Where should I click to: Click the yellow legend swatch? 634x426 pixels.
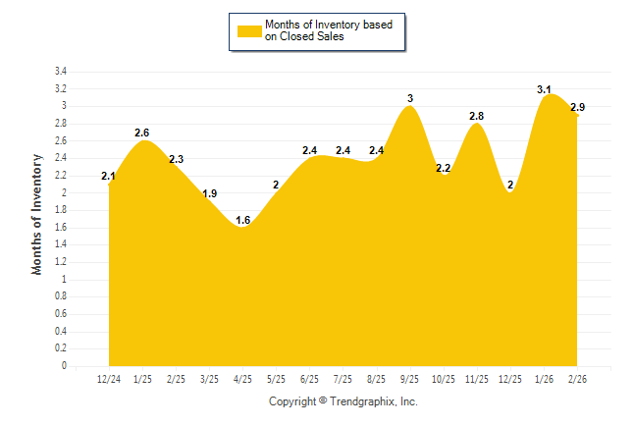click(x=249, y=30)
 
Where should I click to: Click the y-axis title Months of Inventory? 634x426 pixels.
click(x=37, y=214)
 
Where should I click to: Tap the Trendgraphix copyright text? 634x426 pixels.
click(x=343, y=401)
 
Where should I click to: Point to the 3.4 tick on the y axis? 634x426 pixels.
click(x=60, y=72)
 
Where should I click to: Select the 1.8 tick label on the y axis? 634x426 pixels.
click(x=60, y=210)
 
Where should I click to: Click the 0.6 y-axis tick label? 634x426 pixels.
click(x=60, y=314)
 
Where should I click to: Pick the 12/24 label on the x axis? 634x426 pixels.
click(x=109, y=378)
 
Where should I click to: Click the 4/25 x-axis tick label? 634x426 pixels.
click(x=243, y=378)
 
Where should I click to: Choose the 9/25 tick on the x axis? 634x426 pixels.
click(x=410, y=378)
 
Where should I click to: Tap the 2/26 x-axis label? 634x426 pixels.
click(x=577, y=378)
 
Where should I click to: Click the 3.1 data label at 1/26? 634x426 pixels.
click(x=544, y=89)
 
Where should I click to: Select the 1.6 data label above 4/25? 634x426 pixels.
click(x=243, y=220)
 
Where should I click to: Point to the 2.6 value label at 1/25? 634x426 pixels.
click(x=142, y=133)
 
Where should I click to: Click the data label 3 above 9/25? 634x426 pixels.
click(x=410, y=98)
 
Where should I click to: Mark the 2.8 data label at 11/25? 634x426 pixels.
click(x=477, y=116)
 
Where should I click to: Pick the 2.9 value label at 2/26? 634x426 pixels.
click(x=577, y=107)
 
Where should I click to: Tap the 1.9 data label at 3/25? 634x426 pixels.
click(x=210, y=193)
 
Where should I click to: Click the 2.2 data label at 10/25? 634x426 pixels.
click(x=444, y=168)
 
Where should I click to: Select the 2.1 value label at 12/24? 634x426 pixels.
click(x=109, y=177)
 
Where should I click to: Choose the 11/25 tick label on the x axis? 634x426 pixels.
click(x=477, y=378)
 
